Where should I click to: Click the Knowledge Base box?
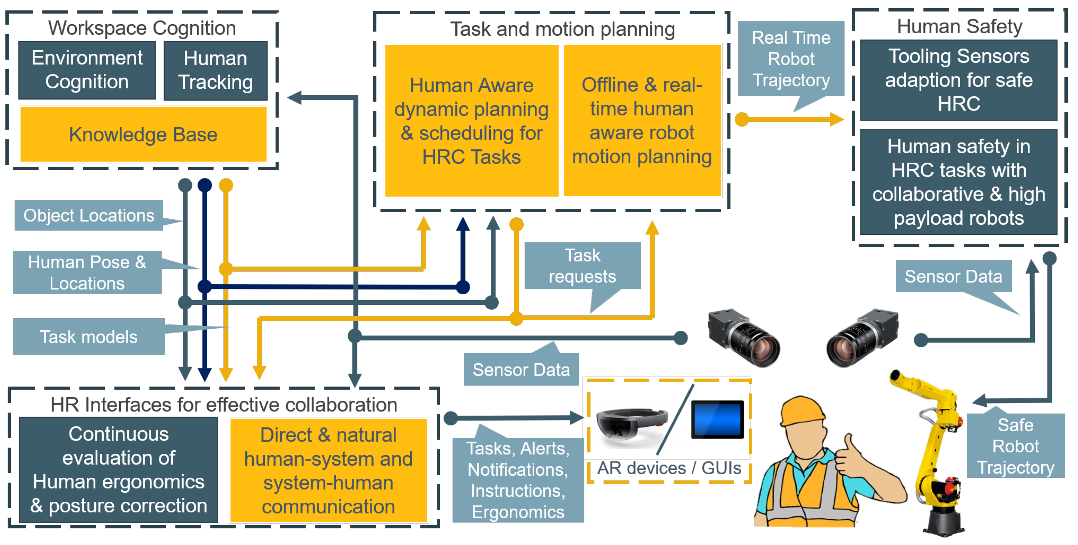click(x=143, y=135)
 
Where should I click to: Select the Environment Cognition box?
click(x=87, y=70)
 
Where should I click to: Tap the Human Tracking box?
click(x=215, y=70)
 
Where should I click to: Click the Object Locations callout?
click(x=89, y=215)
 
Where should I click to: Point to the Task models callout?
click(x=89, y=337)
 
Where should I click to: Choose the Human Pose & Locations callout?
click(x=87, y=273)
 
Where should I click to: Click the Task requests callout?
click(x=582, y=266)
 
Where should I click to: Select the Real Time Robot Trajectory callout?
click(x=790, y=59)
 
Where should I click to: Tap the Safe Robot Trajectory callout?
click(x=1015, y=446)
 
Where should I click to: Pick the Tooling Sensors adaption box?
click(x=958, y=80)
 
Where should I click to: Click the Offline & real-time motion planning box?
click(x=642, y=120)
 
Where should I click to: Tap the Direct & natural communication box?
click(x=329, y=470)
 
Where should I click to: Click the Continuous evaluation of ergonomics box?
click(x=119, y=470)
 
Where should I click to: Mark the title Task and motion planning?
click(x=562, y=29)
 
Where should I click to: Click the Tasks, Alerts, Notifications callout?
click(x=518, y=480)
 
